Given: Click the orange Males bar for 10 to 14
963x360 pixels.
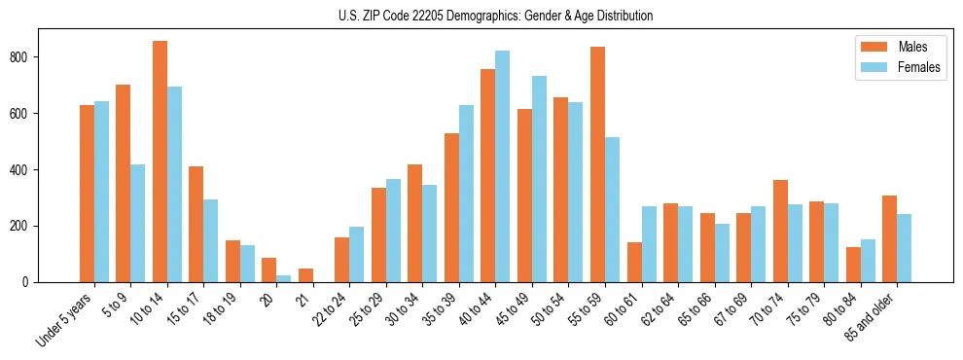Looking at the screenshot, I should [160, 162].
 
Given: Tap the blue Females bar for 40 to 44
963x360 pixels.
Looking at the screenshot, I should [503, 166].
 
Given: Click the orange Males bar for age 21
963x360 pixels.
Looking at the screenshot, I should [305, 275].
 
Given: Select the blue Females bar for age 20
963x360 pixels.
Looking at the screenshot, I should [284, 278].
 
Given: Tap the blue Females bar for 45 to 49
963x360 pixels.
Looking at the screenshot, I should [539, 179].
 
